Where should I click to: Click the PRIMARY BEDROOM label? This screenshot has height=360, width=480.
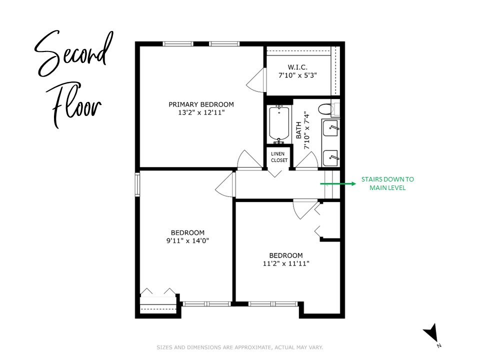[201, 104]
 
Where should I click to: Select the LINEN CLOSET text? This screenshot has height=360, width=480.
[279, 157]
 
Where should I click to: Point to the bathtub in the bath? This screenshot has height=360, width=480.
[279, 124]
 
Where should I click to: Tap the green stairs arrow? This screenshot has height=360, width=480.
[337, 183]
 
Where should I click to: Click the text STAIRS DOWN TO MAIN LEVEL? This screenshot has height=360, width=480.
[387, 183]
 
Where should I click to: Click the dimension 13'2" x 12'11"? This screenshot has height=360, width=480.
[201, 113]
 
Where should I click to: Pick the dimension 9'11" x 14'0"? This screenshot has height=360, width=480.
[187, 240]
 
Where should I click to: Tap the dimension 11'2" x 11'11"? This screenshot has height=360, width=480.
[285, 263]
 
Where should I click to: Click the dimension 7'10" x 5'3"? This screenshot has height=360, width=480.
[298, 75]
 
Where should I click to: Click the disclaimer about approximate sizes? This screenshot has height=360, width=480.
[240, 347]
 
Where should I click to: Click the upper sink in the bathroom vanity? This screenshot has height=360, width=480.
[331, 128]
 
